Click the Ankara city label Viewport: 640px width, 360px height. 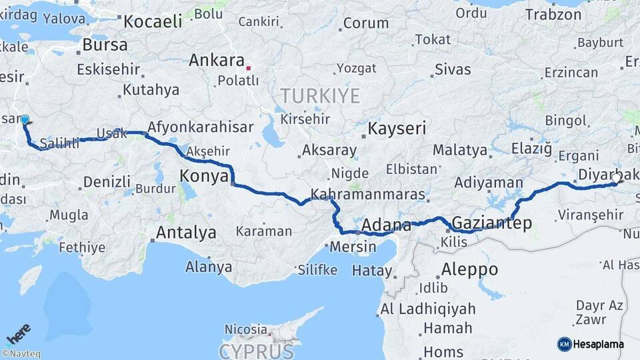216,60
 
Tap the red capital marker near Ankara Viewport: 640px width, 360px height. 249,67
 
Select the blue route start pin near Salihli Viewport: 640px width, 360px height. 25,120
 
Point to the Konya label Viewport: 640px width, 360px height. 204,176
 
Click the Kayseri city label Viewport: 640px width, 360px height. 397,128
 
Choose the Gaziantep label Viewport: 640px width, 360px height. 492,223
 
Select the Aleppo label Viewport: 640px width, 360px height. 469,269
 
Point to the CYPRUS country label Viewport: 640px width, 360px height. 256,351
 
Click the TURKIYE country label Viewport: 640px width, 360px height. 320,96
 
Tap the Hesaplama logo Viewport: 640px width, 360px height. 591,344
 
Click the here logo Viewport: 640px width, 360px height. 19,333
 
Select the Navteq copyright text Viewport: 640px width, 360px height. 21,354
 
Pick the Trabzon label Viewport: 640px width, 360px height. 553,14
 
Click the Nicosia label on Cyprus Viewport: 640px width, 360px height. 245,329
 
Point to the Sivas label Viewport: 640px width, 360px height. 453,69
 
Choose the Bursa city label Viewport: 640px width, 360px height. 105,45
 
